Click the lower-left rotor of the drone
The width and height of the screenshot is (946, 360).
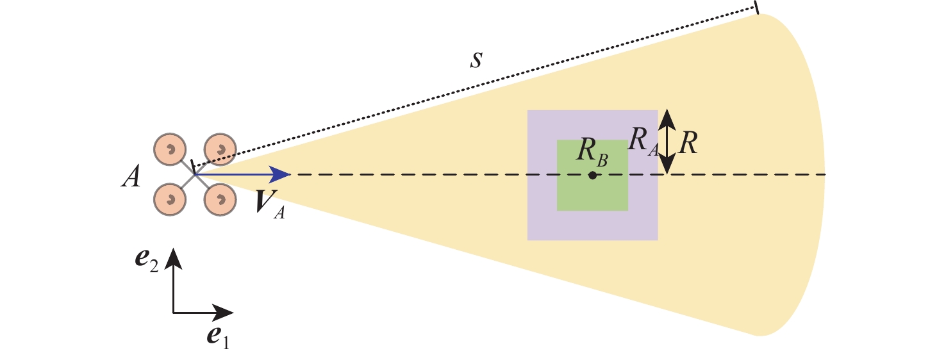click(169, 199)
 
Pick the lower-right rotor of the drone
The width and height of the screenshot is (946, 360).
click(220, 199)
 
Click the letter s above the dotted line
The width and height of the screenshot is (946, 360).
click(476, 60)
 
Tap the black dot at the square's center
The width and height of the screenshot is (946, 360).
click(592, 175)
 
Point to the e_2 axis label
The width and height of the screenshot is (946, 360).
click(154, 264)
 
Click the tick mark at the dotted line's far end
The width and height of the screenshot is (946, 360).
click(757, 8)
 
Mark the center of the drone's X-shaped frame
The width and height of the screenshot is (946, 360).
click(195, 174)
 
